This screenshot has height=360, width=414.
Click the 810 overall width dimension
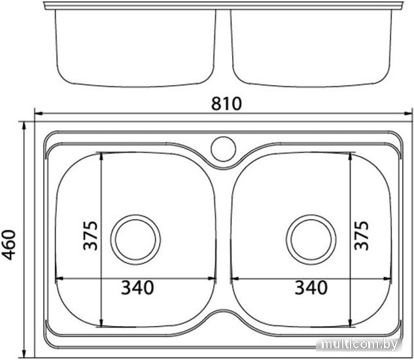pos(226,103)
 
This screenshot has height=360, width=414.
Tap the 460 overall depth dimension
pos(9,245)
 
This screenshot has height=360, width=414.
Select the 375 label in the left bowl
pos(90,235)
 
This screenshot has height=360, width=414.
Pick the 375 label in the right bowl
pos(362,235)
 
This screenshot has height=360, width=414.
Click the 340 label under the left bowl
pos(137,287)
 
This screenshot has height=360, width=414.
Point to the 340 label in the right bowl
pos(311,287)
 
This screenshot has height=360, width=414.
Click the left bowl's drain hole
pos(135,240)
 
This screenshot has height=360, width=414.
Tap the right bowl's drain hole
pos(311,240)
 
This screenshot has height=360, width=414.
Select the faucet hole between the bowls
pos(224,149)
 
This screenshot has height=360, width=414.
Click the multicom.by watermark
pos(360,344)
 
